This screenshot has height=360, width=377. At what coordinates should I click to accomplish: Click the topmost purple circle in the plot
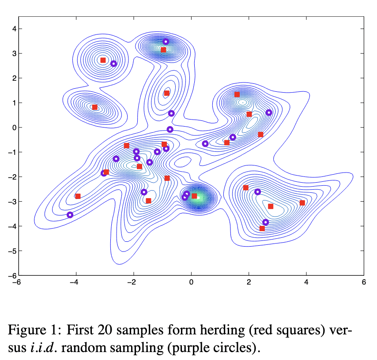coord(166,42)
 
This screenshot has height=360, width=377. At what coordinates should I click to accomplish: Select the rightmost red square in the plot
coord(302,203)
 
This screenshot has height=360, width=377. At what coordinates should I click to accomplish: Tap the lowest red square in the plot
coord(262,229)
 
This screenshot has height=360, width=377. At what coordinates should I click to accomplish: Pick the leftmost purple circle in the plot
coord(70,215)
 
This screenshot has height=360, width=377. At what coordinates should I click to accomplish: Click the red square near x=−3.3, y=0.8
coord(94,107)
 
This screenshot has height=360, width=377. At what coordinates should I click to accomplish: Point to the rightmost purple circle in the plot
coord(269,112)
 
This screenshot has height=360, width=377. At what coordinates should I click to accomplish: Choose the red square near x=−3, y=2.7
coord(103,60)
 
